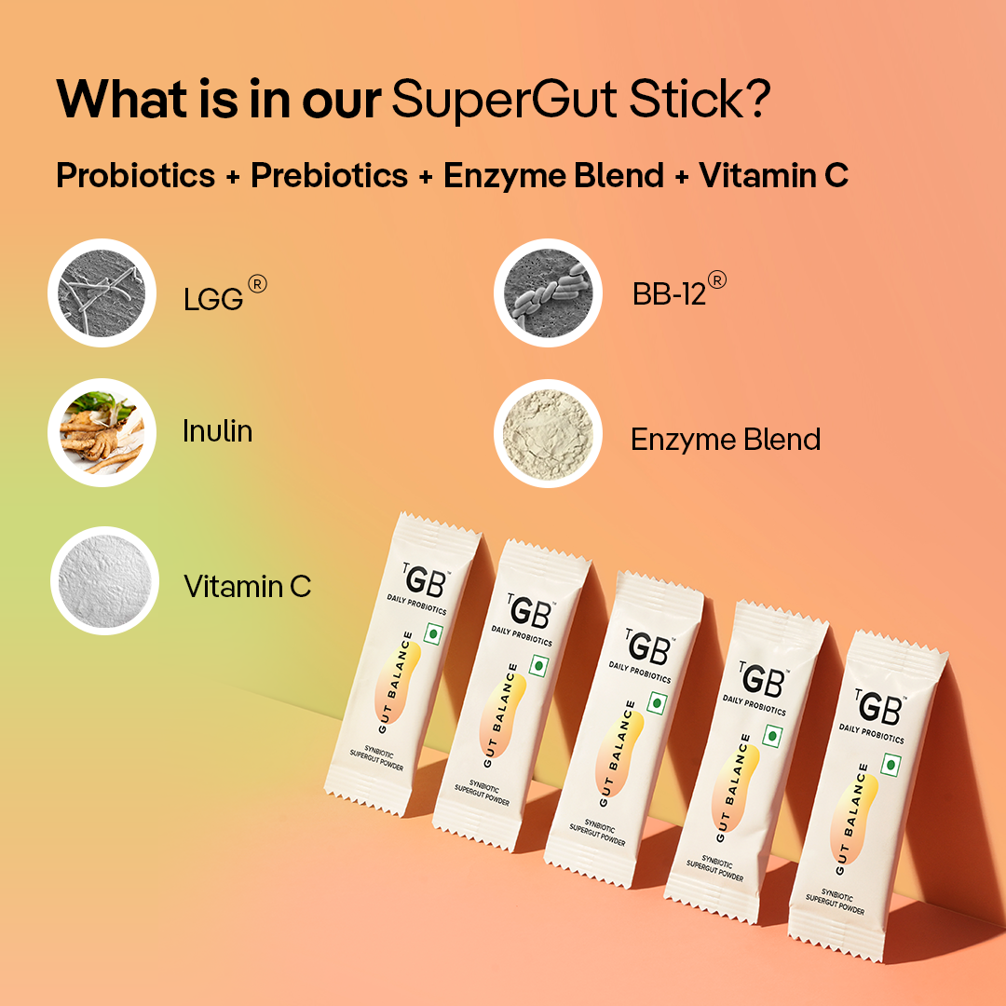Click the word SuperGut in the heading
504,100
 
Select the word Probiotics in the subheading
135,175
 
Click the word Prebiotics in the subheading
329,175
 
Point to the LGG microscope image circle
102,292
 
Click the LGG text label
213,299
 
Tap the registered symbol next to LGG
257,283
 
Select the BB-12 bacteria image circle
548,292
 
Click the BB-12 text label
669,294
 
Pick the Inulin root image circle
102,432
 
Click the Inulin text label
217,431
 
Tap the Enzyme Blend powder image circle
548,434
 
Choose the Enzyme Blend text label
726,440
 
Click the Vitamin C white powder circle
104,580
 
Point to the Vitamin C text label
248,587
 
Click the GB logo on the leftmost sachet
424,580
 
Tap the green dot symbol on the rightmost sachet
890,765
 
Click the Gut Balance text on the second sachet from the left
501,715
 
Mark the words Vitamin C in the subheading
774,175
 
